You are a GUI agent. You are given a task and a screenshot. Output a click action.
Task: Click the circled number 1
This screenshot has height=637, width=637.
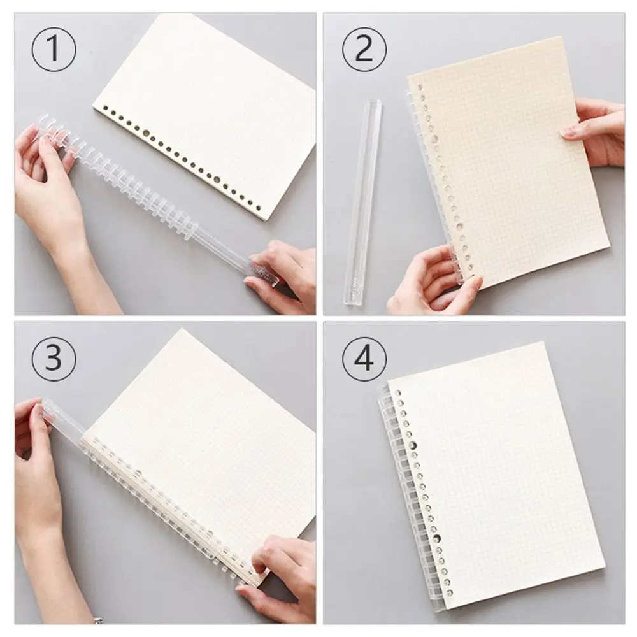[54, 48]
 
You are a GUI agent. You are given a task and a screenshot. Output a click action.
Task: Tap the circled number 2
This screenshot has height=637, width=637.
[363, 48]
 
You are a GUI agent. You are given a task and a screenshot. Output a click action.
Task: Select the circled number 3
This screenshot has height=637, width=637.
[54, 358]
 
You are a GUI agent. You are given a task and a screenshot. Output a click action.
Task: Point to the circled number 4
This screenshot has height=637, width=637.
[364, 359]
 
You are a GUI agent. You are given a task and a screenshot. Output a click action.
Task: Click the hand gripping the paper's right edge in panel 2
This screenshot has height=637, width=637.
[596, 131]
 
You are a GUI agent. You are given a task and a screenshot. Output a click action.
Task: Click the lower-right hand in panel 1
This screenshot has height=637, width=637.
[283, 274]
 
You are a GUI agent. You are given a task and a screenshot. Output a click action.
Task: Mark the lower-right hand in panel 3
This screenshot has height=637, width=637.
[280, 573]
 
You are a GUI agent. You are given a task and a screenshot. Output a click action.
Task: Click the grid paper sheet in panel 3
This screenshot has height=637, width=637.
[210, 433]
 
